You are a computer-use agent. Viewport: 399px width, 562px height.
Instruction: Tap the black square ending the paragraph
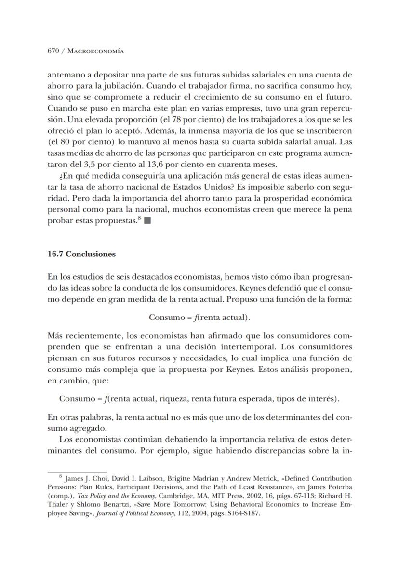pyautogui.click(x=147, y=221)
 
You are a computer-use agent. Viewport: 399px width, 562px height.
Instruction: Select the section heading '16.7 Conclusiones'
pyautogui.click(x=81, y=254)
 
